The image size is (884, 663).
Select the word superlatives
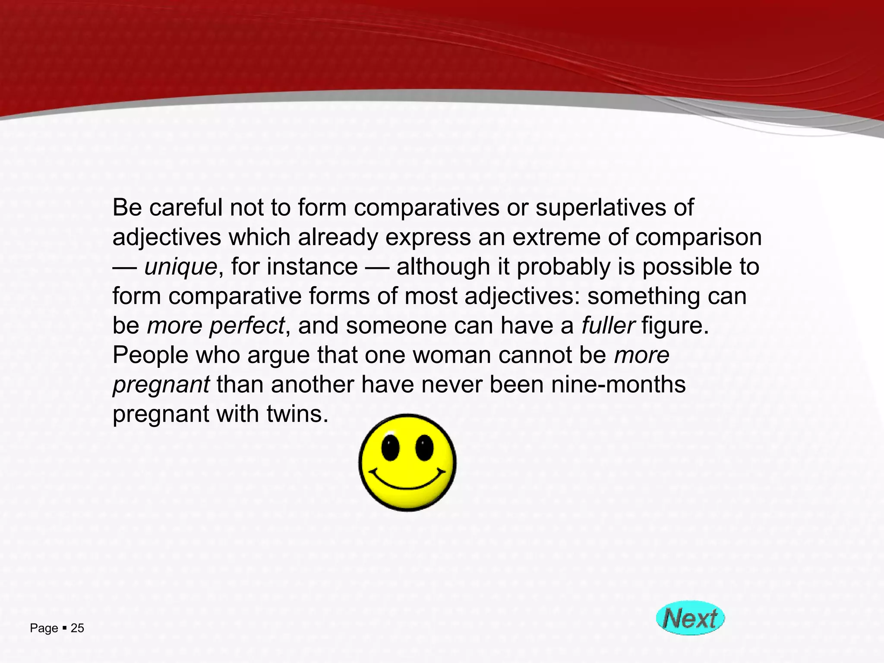coord(594,208)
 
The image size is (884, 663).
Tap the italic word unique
coord(180,267)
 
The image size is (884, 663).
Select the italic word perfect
coord(247,325)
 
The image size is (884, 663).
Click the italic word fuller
coord(608,325)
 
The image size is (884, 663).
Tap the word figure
coord(675,325)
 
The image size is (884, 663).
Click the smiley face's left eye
coord(390,448)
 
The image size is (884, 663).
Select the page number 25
coord(77,628)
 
